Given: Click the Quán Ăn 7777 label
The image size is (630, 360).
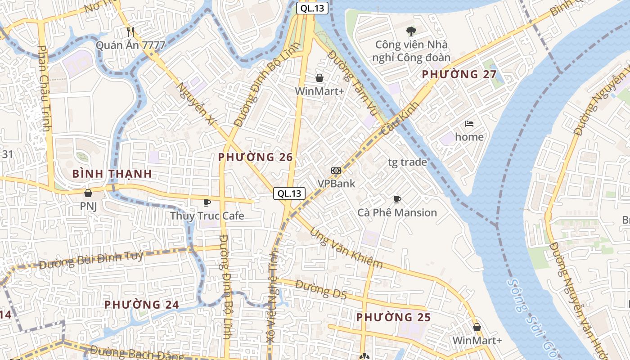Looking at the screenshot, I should point(130,45).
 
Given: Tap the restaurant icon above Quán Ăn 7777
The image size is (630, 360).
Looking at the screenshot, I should point(130,31).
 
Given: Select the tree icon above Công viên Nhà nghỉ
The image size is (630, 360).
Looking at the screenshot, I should point(411,31).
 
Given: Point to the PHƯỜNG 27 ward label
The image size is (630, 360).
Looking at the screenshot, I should point(459,75).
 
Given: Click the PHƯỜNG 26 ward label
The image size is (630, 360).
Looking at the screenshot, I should point(255,157).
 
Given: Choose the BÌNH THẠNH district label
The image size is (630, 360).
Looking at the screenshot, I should point(112,174).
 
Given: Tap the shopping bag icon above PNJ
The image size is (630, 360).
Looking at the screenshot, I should point(88,193).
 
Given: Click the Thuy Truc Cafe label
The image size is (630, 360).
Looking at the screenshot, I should point(207,216).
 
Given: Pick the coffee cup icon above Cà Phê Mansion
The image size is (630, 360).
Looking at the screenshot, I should point(397,199).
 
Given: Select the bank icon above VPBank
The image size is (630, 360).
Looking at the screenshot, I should point(336,170).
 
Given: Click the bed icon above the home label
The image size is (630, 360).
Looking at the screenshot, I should point(469,124).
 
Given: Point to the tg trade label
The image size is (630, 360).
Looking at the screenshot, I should point(407,162).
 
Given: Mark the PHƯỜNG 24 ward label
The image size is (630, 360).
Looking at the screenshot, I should point(142,305).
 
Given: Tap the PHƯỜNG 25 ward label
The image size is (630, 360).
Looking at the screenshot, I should point(393,317).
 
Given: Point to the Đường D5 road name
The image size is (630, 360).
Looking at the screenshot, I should point(321,289).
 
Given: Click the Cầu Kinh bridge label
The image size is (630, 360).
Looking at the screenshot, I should point(400,118).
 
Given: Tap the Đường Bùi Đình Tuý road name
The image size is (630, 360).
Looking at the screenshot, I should point(91,260).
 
